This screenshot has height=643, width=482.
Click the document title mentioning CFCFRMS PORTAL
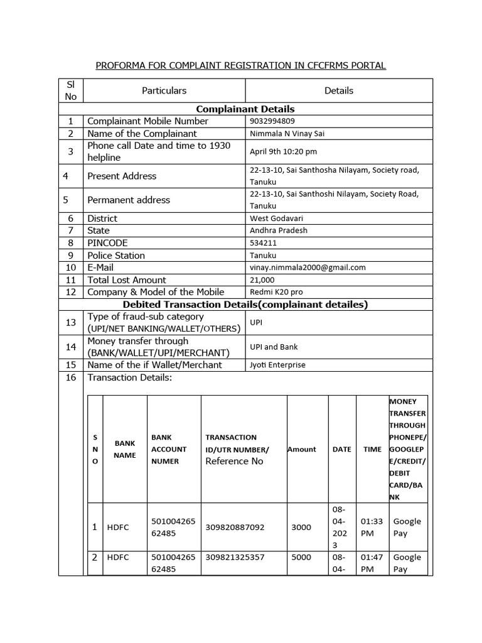240,65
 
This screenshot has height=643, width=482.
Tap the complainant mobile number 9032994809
272,121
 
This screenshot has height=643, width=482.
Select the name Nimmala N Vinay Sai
287,134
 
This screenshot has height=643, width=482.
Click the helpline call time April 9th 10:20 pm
283,151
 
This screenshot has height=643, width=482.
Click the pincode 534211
264,243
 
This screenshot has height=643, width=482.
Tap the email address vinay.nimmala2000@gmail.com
308,267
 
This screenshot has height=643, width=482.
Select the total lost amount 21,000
262,280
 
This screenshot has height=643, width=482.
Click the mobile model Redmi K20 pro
276,292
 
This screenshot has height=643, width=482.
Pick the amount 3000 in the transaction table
301,527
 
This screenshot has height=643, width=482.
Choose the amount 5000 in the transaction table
301,558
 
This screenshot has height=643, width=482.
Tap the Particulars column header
164,90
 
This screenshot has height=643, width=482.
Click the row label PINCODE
107,243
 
